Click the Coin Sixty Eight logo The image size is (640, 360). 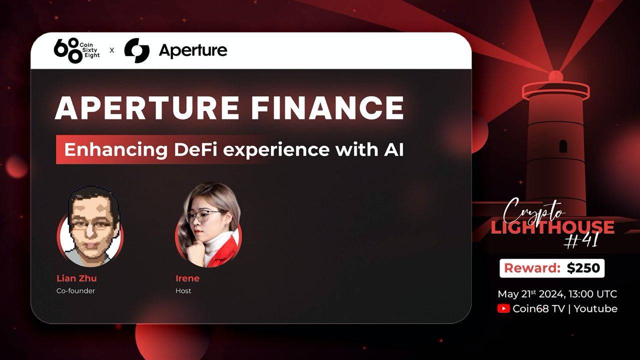tap(76, 50)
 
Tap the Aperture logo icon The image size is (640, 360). tap(136, 50)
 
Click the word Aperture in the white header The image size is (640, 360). tap(192, 50)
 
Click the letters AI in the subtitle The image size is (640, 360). tap(394, 150)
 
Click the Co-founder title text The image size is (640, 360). tap(75, 290)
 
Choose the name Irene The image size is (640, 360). tap(187, 278)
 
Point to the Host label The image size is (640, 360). tap(183, 290)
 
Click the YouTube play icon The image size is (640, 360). tap(503, 308)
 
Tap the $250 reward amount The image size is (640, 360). tap(583, 268)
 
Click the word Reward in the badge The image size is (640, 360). tap(531, 268)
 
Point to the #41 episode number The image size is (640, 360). tap(580, 241)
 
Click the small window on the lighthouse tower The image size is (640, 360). tap(563, 146)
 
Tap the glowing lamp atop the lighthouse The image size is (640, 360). tap(555, 76)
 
